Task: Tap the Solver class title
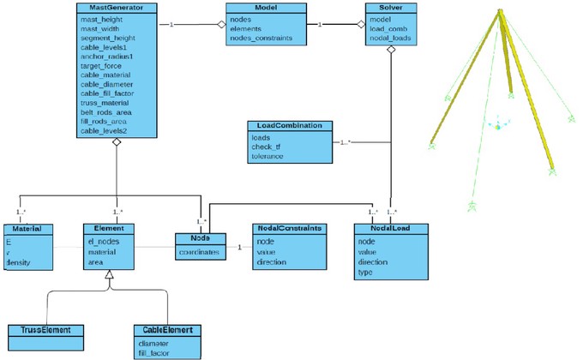pyautogui.click(x=393, y=8)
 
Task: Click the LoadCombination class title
pyautogui.click(x=287, y=125)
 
